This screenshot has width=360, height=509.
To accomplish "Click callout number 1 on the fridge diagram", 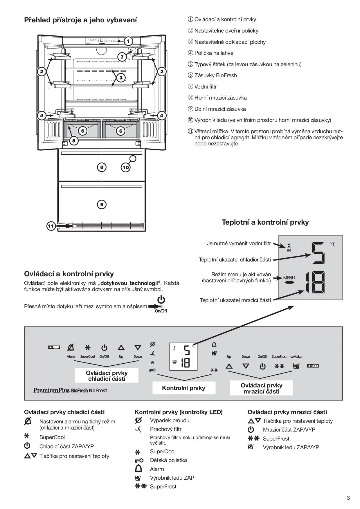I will click(x=128, y=41).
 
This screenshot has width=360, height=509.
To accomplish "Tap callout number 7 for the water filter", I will click(x=122, y=57).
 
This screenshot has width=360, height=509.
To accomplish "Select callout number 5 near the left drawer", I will click(x=74, y=141).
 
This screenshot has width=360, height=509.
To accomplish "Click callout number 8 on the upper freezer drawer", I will click(x=102, y=167).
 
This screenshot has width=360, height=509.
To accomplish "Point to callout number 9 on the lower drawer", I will click(x=102, y=205).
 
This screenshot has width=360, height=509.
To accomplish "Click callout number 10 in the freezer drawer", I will click(x=126, y=167).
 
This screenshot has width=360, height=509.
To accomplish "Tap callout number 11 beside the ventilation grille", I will click(x=51, y=226).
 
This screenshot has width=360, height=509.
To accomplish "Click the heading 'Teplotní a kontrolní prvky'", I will click(x=265, y=222).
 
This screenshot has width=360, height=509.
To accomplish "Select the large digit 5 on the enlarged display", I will click(x=318, y=253).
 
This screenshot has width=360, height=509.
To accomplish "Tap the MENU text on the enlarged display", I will click(x=289, y=278).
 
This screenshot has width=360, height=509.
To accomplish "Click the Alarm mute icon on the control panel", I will click(x=71, y=347).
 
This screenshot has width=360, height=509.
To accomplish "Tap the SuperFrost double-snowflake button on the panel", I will click(x=279, y=366).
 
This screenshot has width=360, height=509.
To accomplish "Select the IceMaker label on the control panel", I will click(x=296, y=357).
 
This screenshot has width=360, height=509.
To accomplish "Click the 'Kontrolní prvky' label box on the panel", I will click(x=184, y=388).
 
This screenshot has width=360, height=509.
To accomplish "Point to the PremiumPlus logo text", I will click(x=51, y=390).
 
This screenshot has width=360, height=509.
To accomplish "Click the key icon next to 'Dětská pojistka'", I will click(x=139, y=461).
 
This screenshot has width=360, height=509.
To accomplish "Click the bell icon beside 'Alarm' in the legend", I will click(x=139, y=469).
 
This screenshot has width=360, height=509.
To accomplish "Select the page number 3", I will click(x=348, y=498).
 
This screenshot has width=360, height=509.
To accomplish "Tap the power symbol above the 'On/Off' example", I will click(x=161, y=300).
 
